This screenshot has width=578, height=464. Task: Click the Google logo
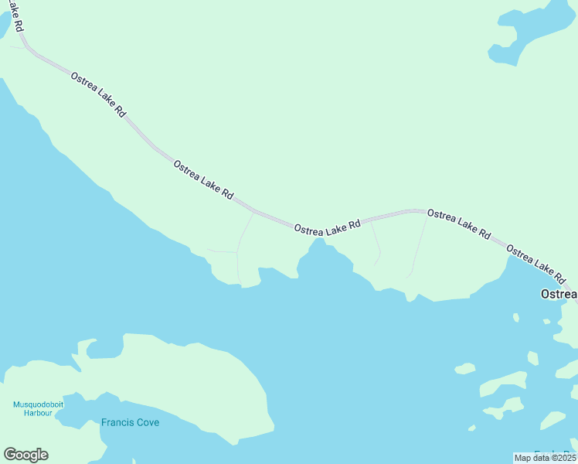25,455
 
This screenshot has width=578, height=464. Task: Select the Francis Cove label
130,423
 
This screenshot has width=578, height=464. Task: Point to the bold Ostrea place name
558,294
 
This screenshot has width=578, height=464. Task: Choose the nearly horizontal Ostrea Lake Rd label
327,227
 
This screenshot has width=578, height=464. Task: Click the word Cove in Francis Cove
146,423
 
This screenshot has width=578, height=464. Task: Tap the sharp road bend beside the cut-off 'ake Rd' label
29,49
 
